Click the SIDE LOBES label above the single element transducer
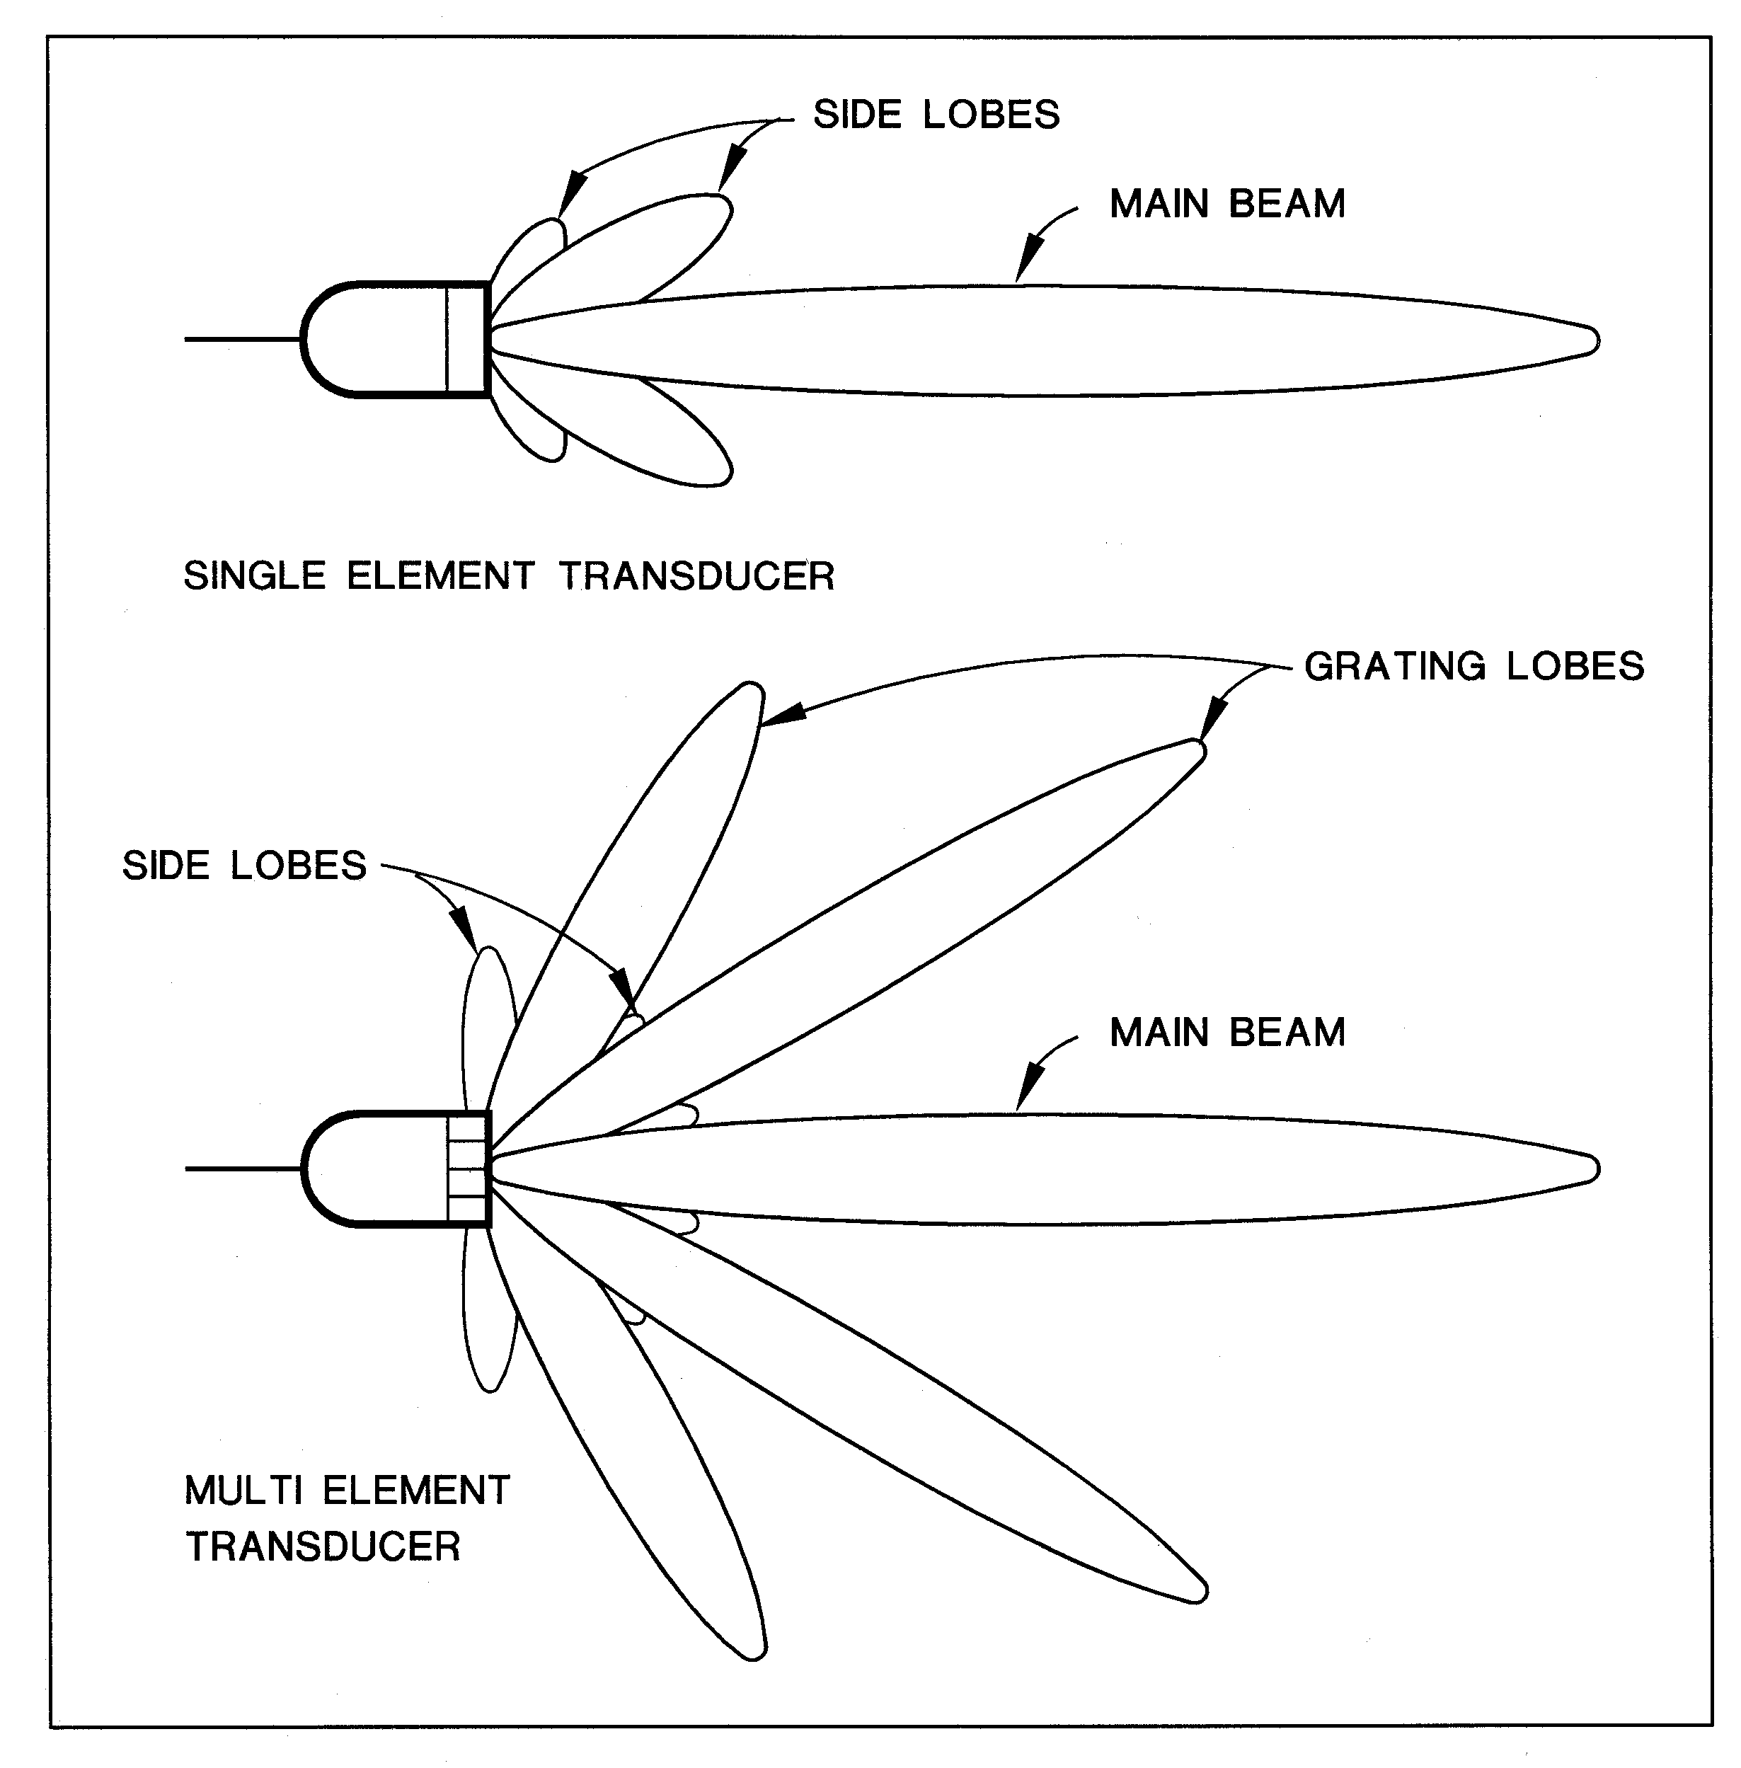pyautogui.click(x=936, y=115)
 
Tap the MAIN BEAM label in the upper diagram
pyautogui.click(x=1227, y=204)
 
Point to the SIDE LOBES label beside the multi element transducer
pyautogui.click(x=244, y=866)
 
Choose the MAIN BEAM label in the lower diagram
pyautogui.click(x=1227, y=1033)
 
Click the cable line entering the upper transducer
pyautogui.click(x=242, y=339)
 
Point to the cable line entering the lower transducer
pyautogui.click(x=242, y=1169)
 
